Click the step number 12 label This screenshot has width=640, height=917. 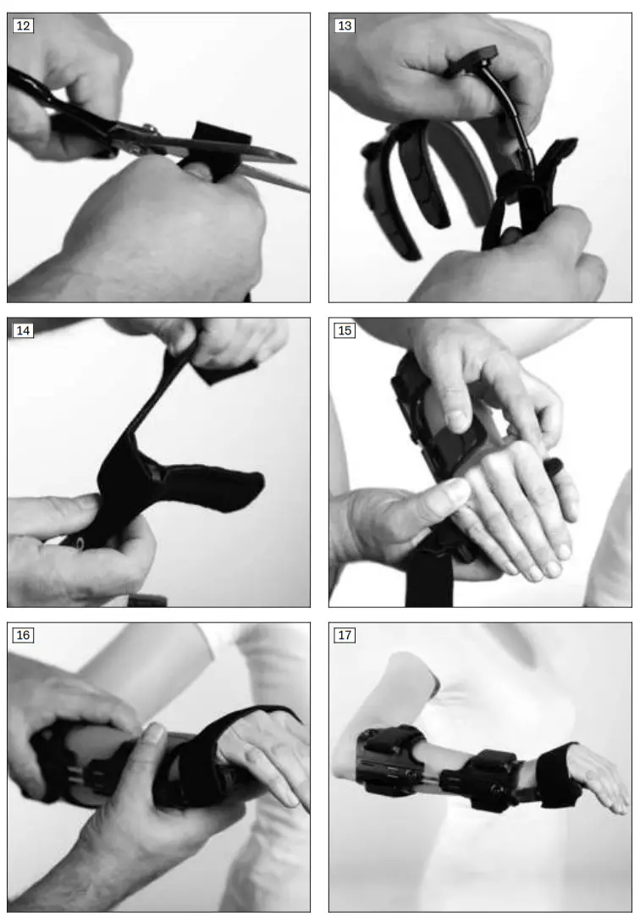[23, 25]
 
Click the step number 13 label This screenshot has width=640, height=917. [345, 25]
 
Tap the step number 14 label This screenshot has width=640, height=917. [23, 330]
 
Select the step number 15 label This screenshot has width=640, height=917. [345, 330]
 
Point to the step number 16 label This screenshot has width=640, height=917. [23, 635]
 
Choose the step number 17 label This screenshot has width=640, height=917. [345, 635]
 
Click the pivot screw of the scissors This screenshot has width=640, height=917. [150, 130]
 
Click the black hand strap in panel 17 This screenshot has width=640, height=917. [554, 775]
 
